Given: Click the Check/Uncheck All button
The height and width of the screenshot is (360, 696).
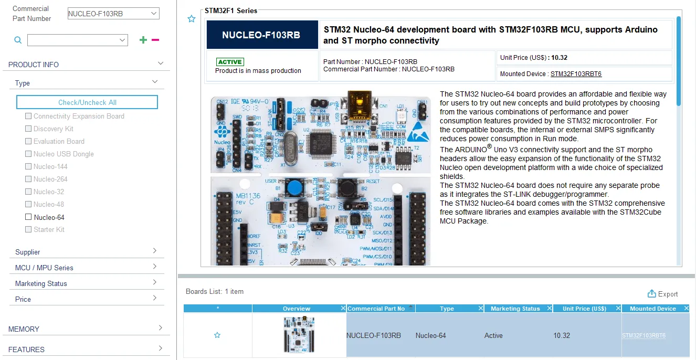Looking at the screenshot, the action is (x=87, y=102).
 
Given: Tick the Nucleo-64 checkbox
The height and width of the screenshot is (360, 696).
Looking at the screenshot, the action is (x=28, y=217).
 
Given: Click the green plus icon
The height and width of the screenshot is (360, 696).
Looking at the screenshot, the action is (x=143, y=40).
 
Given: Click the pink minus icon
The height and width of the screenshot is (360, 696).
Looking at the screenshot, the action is (x=155, y=40).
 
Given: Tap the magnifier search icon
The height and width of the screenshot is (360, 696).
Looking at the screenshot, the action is (x=18, y=40).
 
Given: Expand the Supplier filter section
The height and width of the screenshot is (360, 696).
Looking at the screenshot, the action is (x=87, y=252).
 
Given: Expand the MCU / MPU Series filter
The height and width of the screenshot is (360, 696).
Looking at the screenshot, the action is (x=87, y=268).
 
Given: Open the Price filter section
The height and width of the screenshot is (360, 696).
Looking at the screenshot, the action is (x=87, y=299).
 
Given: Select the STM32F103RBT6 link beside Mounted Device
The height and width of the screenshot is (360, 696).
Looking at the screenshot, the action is (x=576, y=74).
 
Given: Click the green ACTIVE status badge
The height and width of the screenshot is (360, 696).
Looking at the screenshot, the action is (x=230, y=62).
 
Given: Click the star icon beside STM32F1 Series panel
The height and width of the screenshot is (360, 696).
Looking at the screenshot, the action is (x=192, y=19).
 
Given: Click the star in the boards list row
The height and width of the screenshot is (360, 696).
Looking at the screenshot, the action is (x=217, y=335).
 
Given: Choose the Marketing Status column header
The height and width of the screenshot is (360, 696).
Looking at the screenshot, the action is (x=515, y=309).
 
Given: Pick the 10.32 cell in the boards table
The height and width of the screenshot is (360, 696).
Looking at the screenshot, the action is (x=562, y=335).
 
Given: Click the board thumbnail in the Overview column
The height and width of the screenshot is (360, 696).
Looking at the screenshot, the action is (x=299, y=334).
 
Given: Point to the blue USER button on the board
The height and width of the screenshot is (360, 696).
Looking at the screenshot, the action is (x=283, y=187).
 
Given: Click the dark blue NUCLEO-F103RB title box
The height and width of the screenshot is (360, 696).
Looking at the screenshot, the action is (x=261, y=35).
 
